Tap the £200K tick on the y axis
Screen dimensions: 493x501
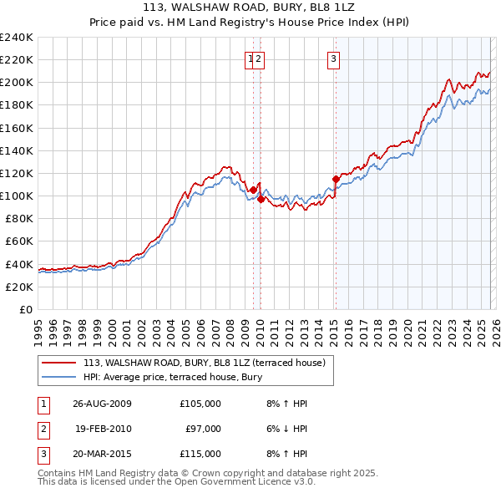click(x=16, y=83)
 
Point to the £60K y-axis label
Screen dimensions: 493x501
click(x=18, y=241)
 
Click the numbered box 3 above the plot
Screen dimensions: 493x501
click(x=333, y=58)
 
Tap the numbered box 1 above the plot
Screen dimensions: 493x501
click(x=250, y=58)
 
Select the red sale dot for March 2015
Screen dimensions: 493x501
click(x=336, y=179)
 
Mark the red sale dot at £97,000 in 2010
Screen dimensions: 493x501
click(x=261, y=199)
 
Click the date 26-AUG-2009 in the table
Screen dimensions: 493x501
click(x=102, y=404)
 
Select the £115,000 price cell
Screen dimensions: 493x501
click(x=200, y=454)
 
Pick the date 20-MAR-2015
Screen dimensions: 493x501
click(x=102, y=454)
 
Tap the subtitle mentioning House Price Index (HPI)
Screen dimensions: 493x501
click(x=250, y=23)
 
